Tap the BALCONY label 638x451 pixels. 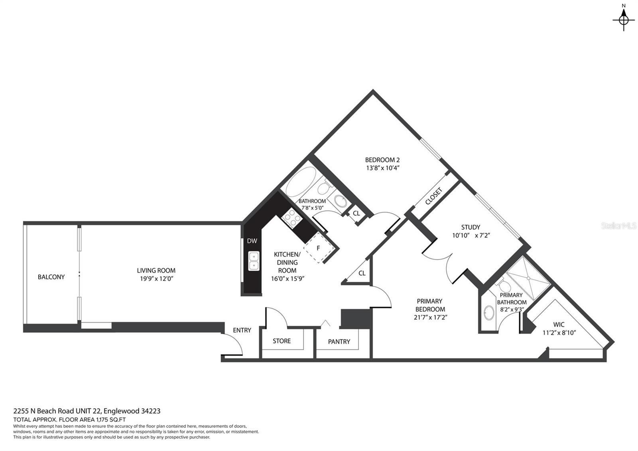(x=51, y=277)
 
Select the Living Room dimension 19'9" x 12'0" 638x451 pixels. (x=157, y=279)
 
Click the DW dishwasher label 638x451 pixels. (x=252, y=241)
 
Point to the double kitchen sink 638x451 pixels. (x=254, y=261)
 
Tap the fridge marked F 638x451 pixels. (x=319, y=248)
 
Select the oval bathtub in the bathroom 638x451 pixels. (x=301, y=182)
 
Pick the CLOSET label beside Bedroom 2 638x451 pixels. (x=434, y=196)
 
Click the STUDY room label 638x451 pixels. (x=471, y=227)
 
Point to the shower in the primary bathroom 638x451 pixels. (x=528, y=278)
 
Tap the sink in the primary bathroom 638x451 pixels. (x=489, y=313)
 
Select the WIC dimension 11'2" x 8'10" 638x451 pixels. (x=559, y=333)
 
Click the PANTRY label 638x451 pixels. (x=339, y=342)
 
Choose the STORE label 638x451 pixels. (x=282, y=341)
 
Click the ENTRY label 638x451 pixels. (x=242, y=330)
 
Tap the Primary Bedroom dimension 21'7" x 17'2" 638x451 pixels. (x=431, y=317)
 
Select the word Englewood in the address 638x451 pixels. (x=122, y=411)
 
